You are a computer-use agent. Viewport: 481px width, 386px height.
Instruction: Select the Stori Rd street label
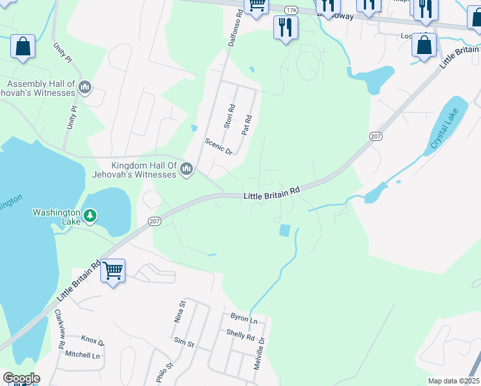[x=231, y=115]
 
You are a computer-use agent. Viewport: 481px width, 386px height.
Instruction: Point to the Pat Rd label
[x=246, y=125]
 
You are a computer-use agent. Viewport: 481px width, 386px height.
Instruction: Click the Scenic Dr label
[x=218, y=147]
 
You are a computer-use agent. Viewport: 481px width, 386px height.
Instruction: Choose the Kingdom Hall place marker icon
[x=186, y=169]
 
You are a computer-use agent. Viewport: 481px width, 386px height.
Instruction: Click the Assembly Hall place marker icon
[x=85, y=87]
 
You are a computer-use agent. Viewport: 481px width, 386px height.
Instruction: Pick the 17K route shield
[x=292, y=10]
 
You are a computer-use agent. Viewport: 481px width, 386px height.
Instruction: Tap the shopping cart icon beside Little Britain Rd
[x=113, y=271]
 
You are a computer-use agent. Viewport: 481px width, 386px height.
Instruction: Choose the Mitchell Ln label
[x=82, y=354]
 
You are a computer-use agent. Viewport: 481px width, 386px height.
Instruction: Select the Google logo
[x=21, y=378]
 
